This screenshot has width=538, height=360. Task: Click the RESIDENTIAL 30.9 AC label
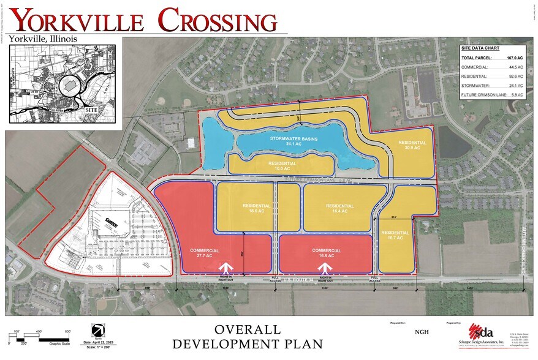[x=412, y=146]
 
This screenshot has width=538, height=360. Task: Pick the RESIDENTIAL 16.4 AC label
[x=339, y=208]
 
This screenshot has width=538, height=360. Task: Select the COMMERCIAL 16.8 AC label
[x=325, y=253]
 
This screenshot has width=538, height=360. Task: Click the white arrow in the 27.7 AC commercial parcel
[x=226, y=268]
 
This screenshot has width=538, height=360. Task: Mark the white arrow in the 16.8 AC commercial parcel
[x=326, y=268]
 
